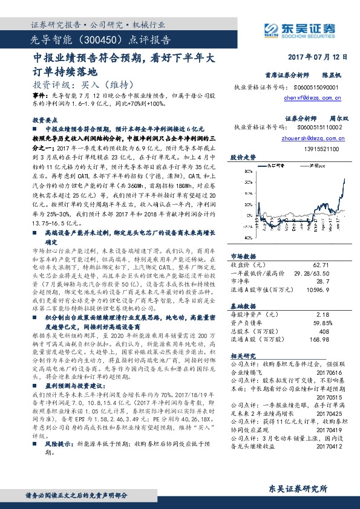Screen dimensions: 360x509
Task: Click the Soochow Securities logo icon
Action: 270,28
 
